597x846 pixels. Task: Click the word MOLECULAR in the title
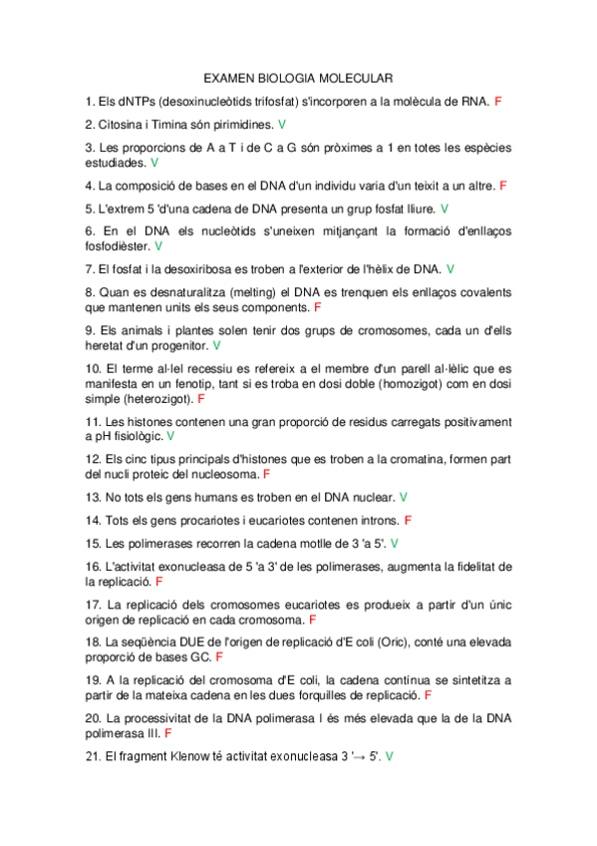[x=353, y=77]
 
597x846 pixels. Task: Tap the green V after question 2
[x=282, y=125]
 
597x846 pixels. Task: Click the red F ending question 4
[x=503, y=186]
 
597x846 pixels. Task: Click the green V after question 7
[x=450, y=269]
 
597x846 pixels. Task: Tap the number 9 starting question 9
[x=90, y=330]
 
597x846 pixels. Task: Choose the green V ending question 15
[x=395, y=544]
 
